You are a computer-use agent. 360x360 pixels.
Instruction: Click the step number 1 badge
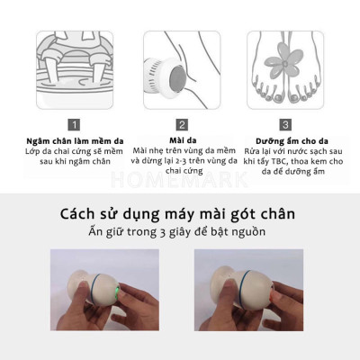tap(76, 125)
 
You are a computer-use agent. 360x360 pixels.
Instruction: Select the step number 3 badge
tap(286, 125)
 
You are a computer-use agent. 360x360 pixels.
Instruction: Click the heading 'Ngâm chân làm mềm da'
tap(76, 140)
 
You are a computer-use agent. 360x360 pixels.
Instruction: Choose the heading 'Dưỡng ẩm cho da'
tap(286, 140)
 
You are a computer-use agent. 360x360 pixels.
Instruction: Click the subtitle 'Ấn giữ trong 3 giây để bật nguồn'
tap(180, 231)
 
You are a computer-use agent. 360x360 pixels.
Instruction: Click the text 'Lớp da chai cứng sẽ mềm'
tap(76, 151)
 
